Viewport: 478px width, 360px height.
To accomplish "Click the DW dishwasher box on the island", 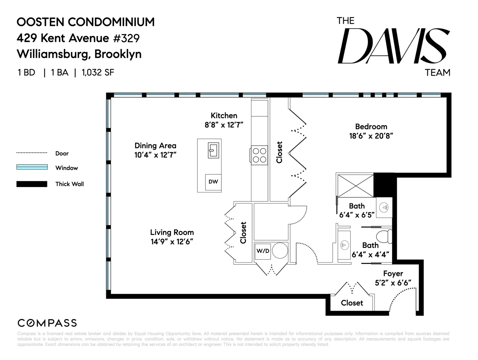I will tap(213, 182).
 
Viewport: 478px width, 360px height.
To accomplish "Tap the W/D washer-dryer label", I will tap(263, 251).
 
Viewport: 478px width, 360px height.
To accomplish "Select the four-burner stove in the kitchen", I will tap(260, 155).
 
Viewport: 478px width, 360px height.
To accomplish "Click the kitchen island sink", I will tap(213, 150).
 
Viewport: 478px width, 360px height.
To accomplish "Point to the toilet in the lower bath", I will tap(384, 236).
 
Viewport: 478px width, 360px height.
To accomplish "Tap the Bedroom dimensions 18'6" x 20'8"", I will tap(371, 136).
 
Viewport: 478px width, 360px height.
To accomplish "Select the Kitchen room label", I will tap(224, 116).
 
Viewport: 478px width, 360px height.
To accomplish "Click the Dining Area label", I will tap(155, 145).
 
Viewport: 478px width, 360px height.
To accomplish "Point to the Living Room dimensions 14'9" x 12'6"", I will tap(172, 242).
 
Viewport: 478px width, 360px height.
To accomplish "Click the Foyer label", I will tap(393, 273).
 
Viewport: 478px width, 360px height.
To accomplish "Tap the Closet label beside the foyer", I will tap(352, 303).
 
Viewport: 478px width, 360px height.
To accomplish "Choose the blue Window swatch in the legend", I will tap(32, 167).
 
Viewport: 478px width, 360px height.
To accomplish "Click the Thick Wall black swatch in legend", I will tap(32, 184).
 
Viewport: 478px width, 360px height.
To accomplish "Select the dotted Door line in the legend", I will tap(32, 153).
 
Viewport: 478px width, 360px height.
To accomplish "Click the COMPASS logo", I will tap(47, 323).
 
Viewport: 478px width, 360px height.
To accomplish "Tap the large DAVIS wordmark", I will tap(393, 46).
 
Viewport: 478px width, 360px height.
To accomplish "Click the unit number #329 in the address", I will tap(126, 38).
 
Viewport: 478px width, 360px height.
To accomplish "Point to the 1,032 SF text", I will tap(98, 73).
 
